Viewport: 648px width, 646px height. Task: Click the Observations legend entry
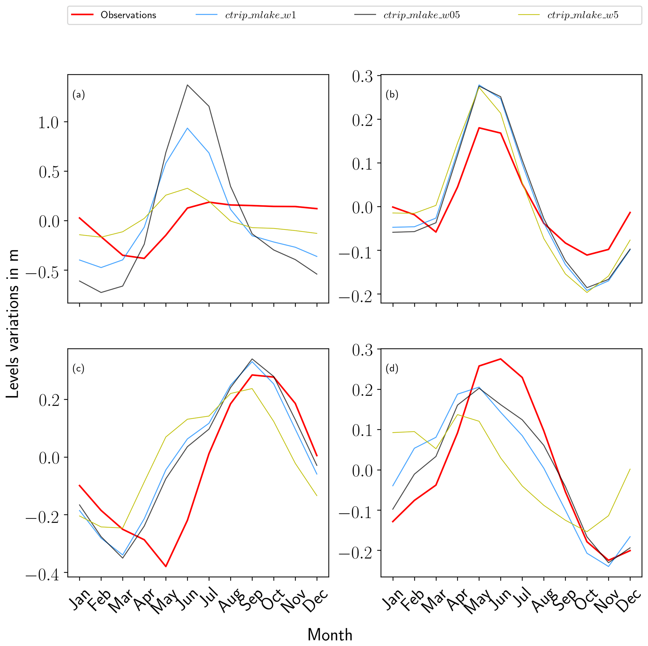point(128,15)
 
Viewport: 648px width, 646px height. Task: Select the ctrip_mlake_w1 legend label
point(261,15)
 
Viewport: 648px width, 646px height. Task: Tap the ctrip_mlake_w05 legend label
point(422,15)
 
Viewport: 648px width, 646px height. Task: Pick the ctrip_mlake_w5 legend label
point(582,15)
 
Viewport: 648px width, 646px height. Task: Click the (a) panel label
point(78,95)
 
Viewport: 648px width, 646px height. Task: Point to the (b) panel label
point(392,95)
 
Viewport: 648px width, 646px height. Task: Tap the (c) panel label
point(78,368)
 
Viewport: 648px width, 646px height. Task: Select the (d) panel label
point(392,368)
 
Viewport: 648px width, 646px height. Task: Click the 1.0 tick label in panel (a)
point(48,123)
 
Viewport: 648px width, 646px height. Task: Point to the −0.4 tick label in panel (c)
point(42,575)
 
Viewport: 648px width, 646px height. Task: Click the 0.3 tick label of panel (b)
point(362,77)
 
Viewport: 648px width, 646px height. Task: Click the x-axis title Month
point(330,635)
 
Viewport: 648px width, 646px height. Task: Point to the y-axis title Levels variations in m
point(13,324)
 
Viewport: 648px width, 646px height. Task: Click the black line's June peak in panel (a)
point(187,85)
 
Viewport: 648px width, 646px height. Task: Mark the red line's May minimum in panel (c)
point(166,566)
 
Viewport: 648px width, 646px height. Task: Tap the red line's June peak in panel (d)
point(500,359)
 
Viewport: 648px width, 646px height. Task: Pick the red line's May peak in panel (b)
point(479,128)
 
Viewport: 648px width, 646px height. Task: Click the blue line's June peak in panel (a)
point(187,128)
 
